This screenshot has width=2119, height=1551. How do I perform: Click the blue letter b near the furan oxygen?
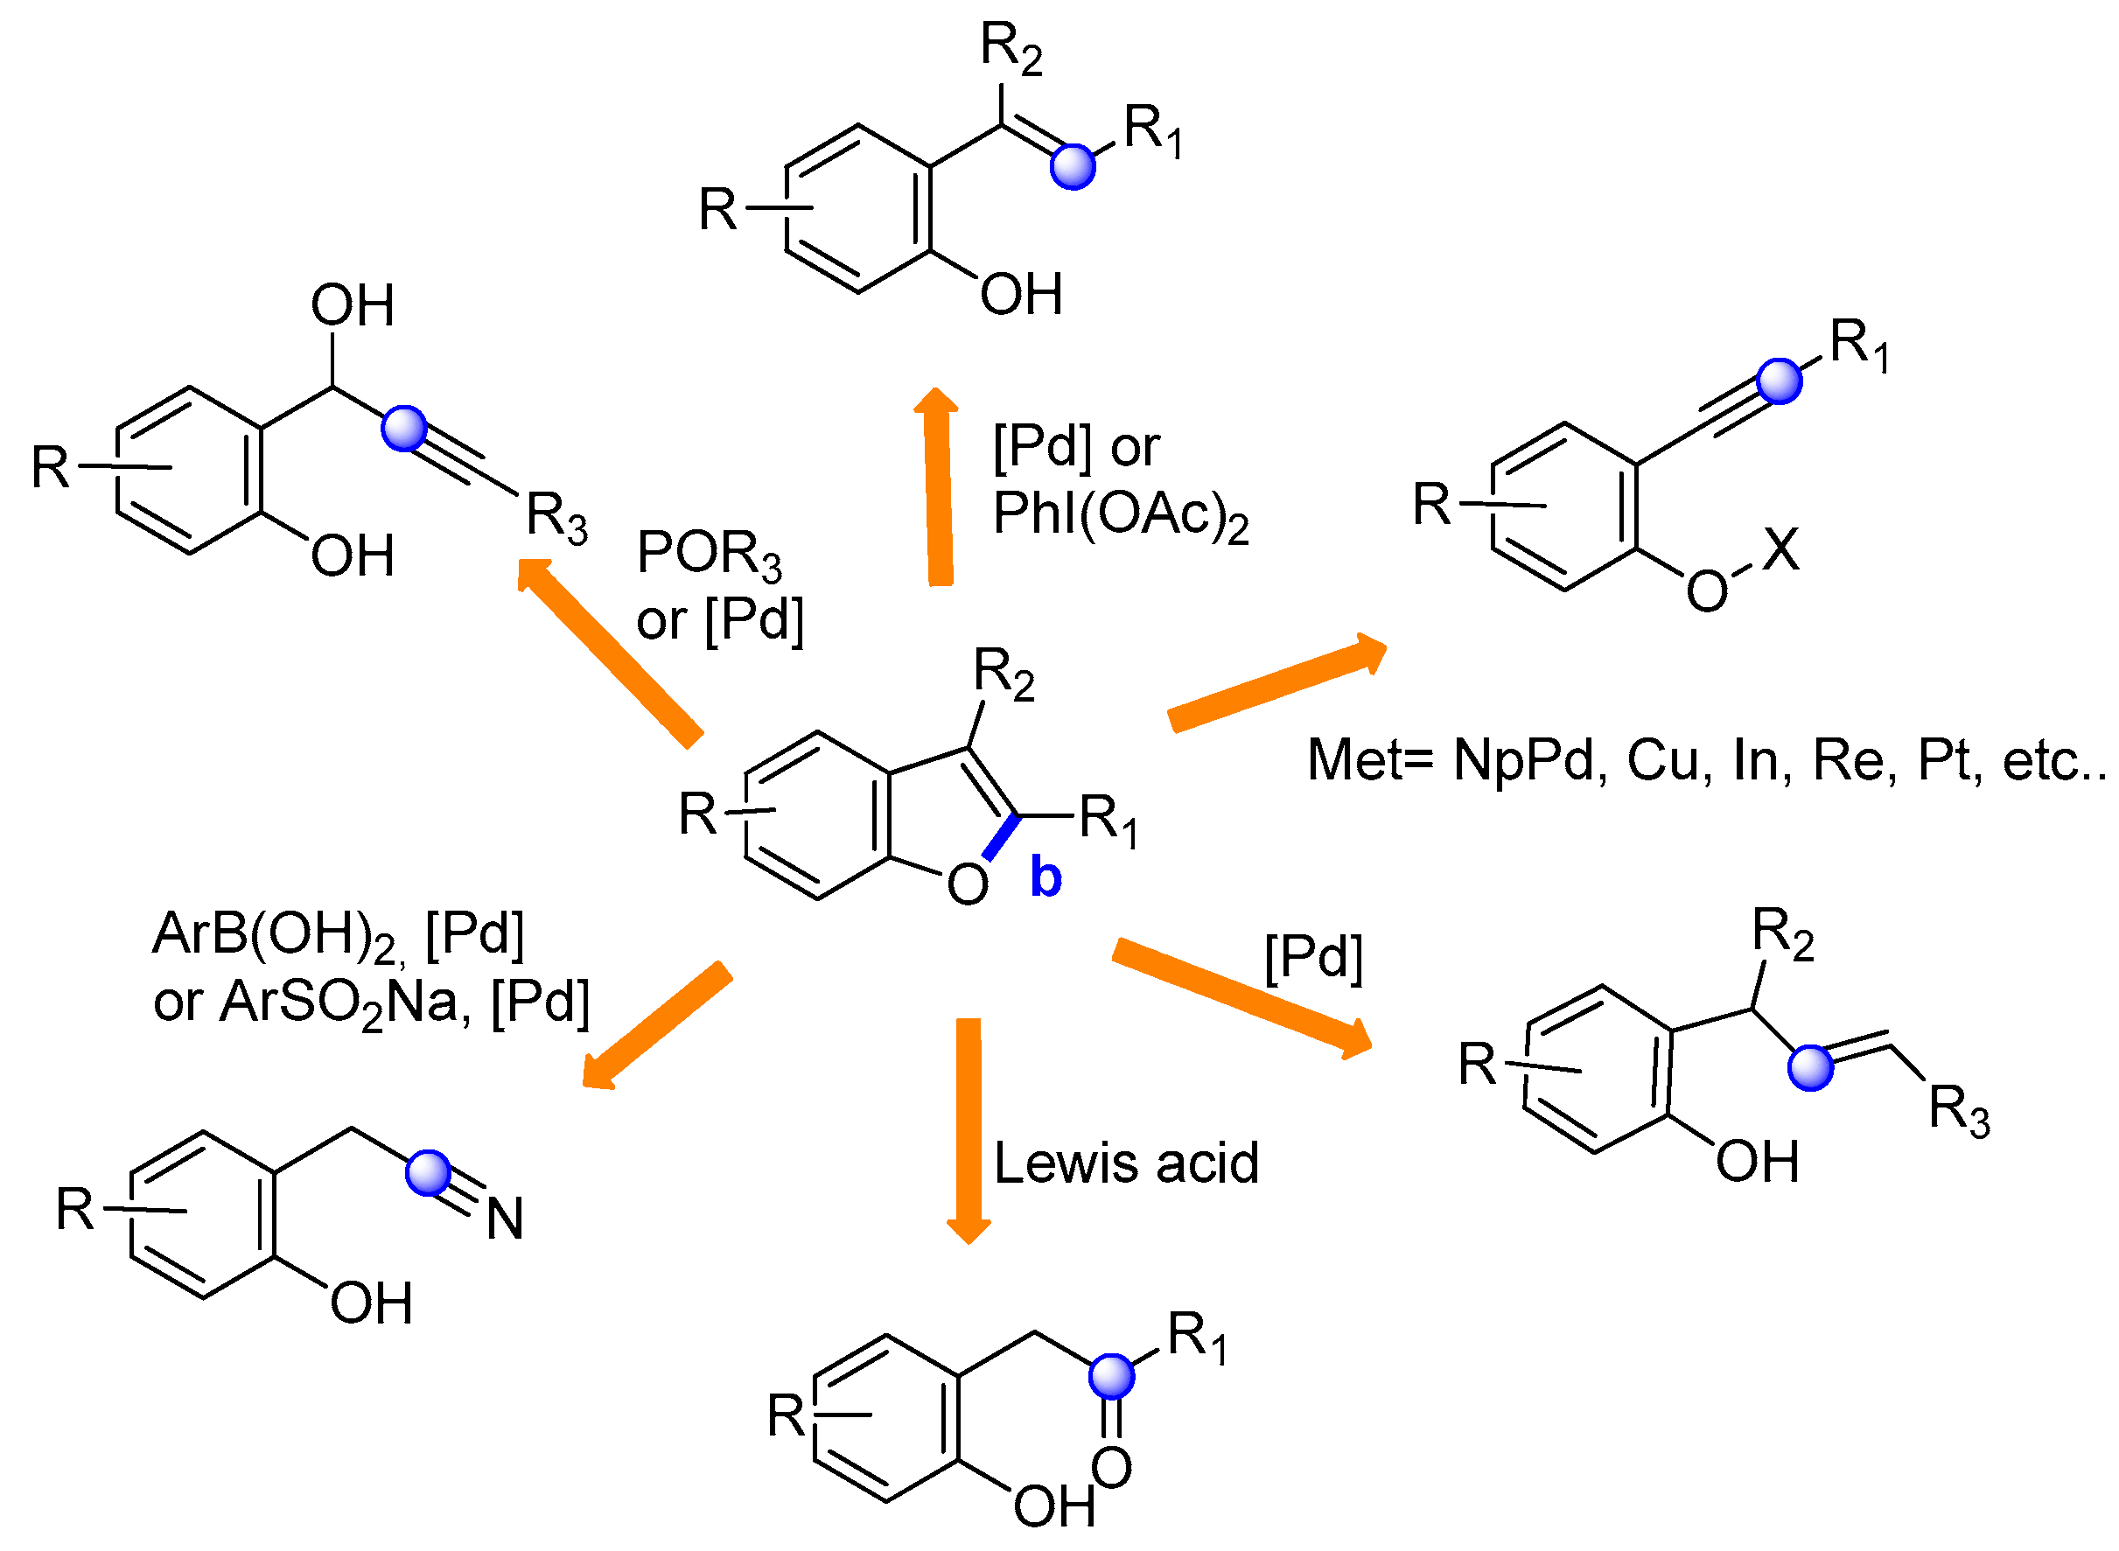pyautogui.click(x=1045, y=877)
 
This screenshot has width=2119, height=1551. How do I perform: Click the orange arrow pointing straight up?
pyautogui.click(x=938, y=488)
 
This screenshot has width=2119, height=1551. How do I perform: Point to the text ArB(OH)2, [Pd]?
pyautogui.click(x=338, y=935)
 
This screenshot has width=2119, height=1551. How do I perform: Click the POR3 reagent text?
pyautogui.click(x=708, y=554)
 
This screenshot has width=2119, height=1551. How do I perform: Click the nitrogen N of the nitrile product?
pyautogui.click(x=505, y=1219)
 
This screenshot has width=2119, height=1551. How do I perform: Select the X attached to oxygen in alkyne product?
pyautogui.click(x=1780, y=549)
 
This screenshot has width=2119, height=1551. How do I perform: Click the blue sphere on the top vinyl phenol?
pyautogui.click(x=1072, y=167)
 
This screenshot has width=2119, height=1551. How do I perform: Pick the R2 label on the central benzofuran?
pyautogui.click(x=1003, y=674)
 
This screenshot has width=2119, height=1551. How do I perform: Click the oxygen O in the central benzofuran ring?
pyautogui.click(x=967, y=884)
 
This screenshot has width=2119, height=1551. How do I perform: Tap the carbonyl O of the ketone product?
pyautogui.click(x=1110, y=1467)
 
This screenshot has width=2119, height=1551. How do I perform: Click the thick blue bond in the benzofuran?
pyautogui.click(x=1001, y=837)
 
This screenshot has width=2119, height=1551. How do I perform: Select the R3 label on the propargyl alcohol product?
pyautogui.click(x=556, y=517)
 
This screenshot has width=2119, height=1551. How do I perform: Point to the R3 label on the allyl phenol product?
pyautogui.click(x=1957, y=1111)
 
